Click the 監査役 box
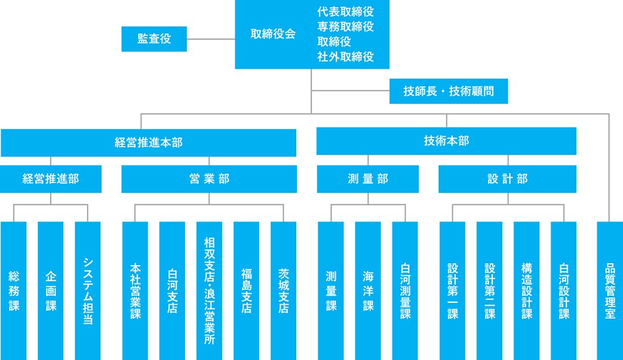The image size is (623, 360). [x=154, y=39]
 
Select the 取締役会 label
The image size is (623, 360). [x=273, y=35]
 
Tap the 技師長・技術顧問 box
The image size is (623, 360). [x=448, y=92]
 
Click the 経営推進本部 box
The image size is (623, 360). [x=148, y=142]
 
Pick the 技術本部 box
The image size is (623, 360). [x=446, y=140]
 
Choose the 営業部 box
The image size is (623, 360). [x=209, y=179]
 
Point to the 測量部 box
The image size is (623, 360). [x=367, y=179]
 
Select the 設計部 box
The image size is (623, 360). [x=507, y=179]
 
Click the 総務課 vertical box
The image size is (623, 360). [x=14, y=291]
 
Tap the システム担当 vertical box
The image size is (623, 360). [x=88, y=291]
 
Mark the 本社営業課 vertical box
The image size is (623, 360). [x=135, y=291]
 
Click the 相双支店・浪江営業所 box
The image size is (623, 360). [x=209, y=291]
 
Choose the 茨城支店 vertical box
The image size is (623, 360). [x=284, y=291]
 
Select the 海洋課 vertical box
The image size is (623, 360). [x=368, y=291]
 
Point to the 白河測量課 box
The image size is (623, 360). [x=405, y=291]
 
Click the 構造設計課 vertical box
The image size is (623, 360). [x=527, y=291]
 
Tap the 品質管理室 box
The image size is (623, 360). [x=610, y=291]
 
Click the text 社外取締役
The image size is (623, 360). [x=345, y=57]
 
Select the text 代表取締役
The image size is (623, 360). [x=345, y=12]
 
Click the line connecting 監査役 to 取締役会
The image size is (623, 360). [x=211, y=39]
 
